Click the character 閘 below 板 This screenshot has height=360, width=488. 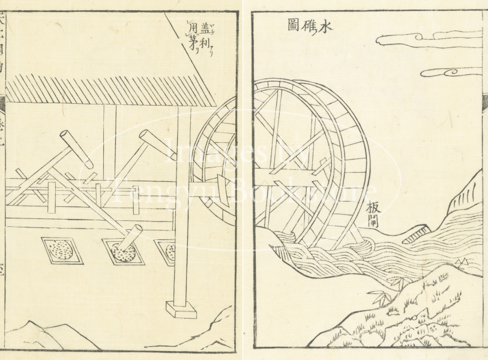[x=376, y=223]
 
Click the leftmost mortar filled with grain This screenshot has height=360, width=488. [x=61, y=250]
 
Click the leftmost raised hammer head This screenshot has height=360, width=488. [x=79, y=149]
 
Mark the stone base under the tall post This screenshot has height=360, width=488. [x=180, y=310]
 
